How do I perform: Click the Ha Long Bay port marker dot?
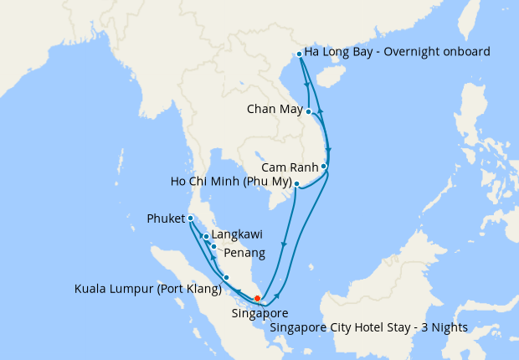[300, 54]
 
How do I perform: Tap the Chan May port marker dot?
[309, 111]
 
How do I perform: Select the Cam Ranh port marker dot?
[324, 167]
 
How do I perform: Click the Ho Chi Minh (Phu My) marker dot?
[296, 184]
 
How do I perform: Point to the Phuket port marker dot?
[191, 219]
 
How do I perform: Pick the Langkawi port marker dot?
[206, 237]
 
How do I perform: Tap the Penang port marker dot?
[214, 246]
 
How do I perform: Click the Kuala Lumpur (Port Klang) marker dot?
[226, 277]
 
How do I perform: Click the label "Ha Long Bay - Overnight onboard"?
[397, 52]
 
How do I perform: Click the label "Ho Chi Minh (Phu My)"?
[229, 183]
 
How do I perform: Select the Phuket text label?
[164, 219]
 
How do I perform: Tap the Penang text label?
[244, 253]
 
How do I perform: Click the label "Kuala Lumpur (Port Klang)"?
[147, 290]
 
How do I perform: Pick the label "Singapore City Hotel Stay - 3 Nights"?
[368, 327]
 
